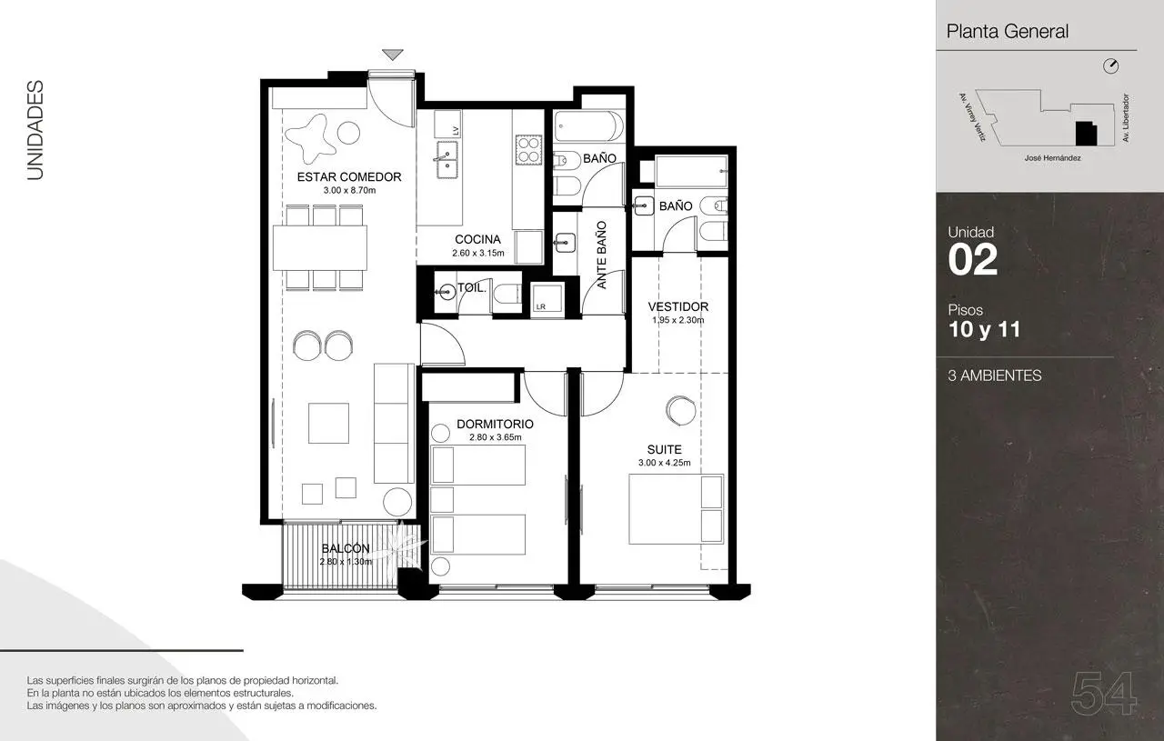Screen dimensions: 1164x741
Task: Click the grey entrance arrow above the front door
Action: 392,55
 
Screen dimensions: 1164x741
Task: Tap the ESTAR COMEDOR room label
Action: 349,177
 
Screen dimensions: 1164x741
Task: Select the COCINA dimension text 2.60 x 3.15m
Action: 477,253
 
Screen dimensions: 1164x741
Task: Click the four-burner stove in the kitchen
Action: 528,149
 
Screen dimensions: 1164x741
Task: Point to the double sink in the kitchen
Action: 447,160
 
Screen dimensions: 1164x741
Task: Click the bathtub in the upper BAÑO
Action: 588,126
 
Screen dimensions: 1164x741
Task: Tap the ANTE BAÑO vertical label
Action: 601,255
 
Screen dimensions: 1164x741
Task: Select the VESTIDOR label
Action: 678,306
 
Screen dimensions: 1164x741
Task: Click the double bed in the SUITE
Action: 676,509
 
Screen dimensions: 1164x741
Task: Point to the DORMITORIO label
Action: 495,424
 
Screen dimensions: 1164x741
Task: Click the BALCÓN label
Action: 346,548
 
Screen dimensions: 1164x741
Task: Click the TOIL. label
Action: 472,288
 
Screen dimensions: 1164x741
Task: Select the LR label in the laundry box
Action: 541,306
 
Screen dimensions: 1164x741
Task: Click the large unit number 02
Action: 973,259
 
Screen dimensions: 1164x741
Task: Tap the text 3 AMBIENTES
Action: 995,376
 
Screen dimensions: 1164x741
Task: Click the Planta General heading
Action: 1007,32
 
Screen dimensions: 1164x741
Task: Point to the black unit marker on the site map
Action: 1086,133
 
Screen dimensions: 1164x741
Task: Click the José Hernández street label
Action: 1052,158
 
